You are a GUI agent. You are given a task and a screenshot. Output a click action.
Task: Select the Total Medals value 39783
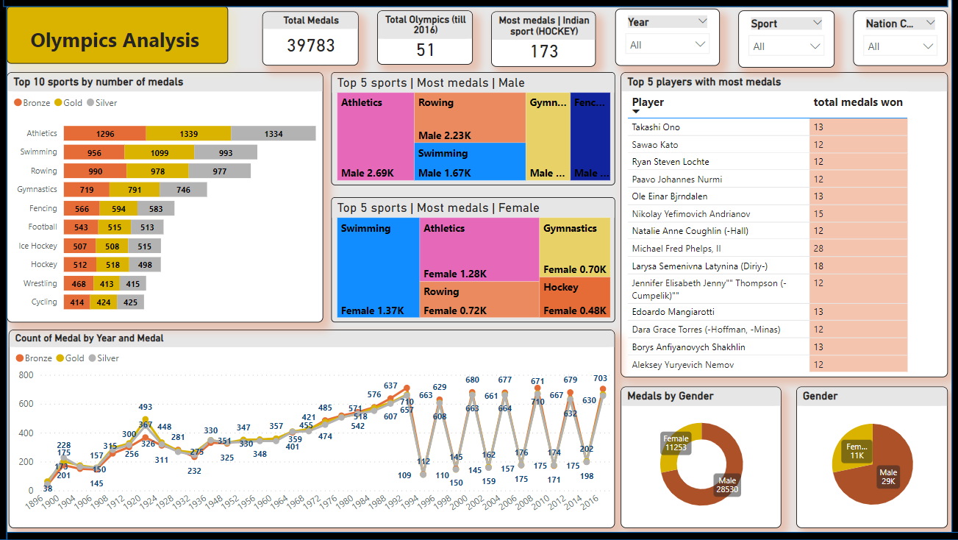310,46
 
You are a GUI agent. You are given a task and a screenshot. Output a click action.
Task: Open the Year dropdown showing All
668,45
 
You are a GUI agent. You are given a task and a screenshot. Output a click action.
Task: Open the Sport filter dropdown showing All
786,46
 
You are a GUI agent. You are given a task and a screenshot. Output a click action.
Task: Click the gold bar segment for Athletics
188,134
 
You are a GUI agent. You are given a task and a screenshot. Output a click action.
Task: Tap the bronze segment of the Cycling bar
76,302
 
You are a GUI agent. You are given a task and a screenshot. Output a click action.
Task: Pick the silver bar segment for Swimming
225,152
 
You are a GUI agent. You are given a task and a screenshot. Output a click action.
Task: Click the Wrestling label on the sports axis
40,283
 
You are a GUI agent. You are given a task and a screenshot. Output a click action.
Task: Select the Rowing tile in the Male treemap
470,118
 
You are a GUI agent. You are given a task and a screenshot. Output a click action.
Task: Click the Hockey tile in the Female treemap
574,298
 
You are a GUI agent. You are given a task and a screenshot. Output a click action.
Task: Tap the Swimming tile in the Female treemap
378,269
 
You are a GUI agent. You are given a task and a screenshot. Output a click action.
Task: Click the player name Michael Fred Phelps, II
676,249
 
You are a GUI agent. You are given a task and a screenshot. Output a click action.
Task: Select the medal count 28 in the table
818,249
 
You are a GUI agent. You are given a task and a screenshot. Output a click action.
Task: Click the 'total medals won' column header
857,102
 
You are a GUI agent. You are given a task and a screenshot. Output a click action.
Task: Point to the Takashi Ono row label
655,127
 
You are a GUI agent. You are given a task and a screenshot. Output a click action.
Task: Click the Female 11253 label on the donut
676,442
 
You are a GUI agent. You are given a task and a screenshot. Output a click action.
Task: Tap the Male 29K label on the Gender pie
888,477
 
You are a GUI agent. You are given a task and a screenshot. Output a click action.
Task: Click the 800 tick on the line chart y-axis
26,375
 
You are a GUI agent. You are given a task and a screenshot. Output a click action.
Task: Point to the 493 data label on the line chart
145,407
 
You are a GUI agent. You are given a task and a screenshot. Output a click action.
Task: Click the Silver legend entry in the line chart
103,358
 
